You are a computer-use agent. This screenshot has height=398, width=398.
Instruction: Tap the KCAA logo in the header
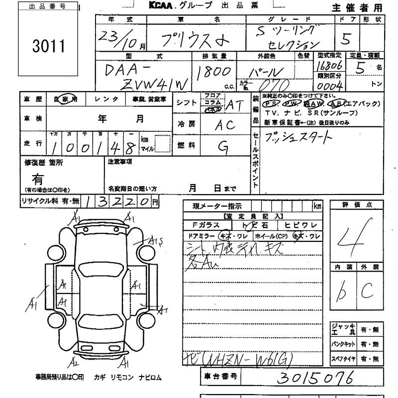tap(159, 5)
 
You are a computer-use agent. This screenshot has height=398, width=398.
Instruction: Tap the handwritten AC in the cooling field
tap(224, 125)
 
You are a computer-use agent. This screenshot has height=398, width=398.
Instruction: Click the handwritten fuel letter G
tap(222, 145)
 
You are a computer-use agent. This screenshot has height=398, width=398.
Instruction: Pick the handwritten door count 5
tap(347, 38)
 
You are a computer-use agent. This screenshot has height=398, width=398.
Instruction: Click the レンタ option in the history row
tap(106, 99)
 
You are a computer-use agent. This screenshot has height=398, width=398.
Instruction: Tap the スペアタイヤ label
tap(344, 358)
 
